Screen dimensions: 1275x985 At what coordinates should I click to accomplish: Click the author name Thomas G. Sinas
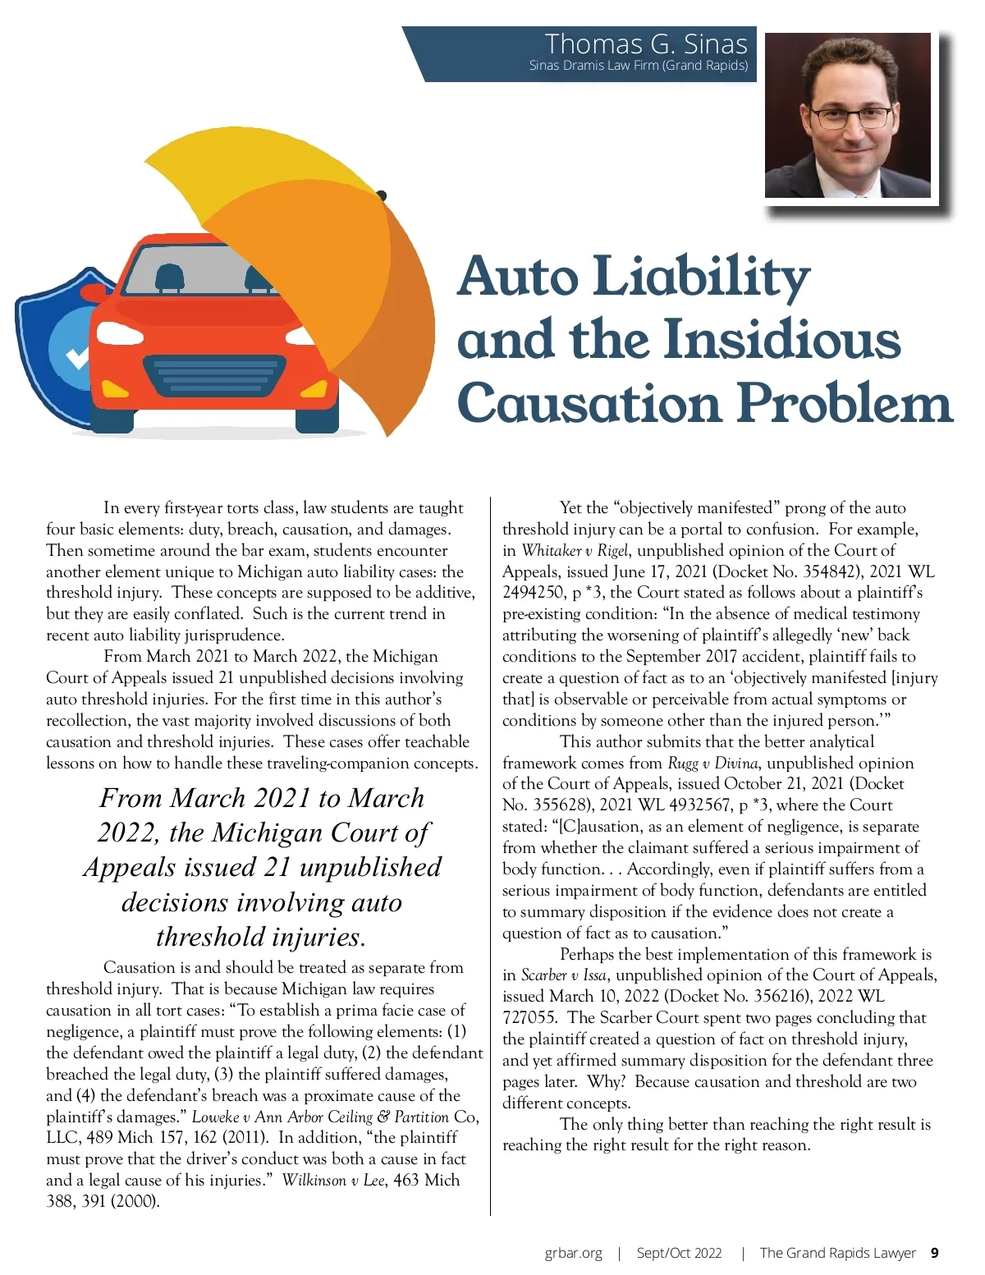coord(646,44)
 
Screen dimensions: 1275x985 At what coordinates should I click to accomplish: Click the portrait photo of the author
coord(848,116)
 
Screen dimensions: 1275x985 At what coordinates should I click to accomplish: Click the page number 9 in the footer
coord(935,1253)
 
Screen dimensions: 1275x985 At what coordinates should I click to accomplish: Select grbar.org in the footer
coord(573,1253)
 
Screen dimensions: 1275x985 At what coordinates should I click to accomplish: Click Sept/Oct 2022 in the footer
coord(679,1253)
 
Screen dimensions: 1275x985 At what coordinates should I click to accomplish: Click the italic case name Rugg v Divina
coord(712,764)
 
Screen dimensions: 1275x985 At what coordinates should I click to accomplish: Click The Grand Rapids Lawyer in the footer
coord(837,1253)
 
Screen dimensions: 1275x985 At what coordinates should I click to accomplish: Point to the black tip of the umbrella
coord(381,195)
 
